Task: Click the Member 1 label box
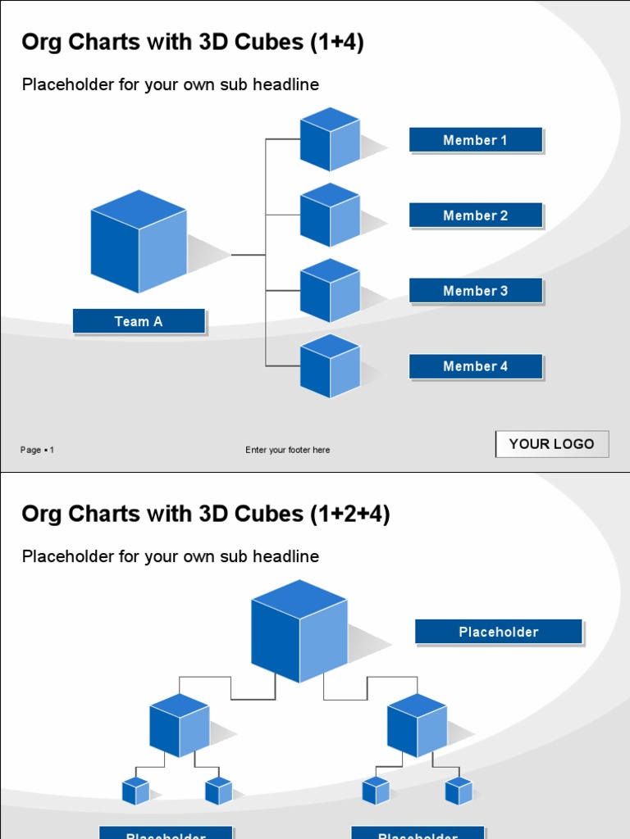[476, 140]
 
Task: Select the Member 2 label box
[476, 215]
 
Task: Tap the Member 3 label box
[476, 291]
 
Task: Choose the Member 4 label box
[476, 366]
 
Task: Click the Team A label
[139, 321]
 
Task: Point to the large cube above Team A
[139, 242]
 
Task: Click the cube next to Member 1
[330, 139]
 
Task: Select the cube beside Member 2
[330, 215]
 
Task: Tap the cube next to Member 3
[330, 290]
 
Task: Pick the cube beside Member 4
[330, 365]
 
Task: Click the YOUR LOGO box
[552, 444]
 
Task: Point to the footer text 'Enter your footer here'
[288, 450]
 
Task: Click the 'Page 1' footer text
[38, 450]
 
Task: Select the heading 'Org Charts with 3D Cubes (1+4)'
[193, 43]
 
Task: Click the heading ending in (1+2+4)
[206, 515]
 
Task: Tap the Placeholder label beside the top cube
[499, 632]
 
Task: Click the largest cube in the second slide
[299, 631]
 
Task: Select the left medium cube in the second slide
[180, 725]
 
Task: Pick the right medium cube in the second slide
[418, 725]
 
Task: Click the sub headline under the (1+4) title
[171, 84]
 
